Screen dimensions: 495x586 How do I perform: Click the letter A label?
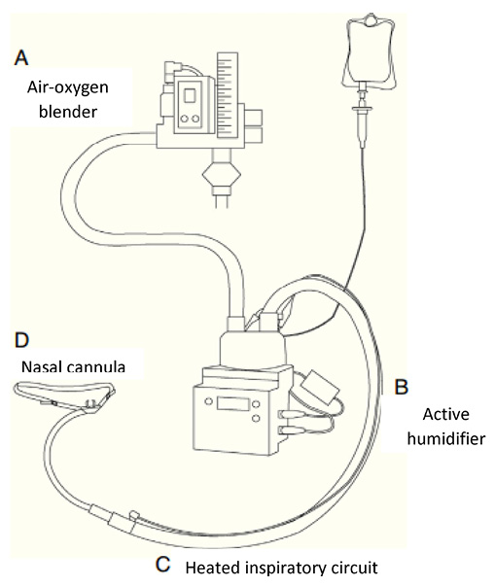click(21, 58)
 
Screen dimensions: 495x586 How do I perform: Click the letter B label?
click(402, 387)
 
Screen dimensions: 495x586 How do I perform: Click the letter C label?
click(163, 565)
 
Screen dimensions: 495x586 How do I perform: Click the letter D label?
click(21, 340)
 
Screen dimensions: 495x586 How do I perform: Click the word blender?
click(68, 112)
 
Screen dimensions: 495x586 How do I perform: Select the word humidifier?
click(446, 438)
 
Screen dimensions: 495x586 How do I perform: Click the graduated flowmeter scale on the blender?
click(228, 94)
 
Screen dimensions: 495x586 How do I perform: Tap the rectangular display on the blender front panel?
click(191, 95)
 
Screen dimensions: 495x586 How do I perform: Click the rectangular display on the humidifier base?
click(230, 404)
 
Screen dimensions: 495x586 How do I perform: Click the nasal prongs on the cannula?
click(90, 403)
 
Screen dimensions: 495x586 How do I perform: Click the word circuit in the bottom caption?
click(356, 569)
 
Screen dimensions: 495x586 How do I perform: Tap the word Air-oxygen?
click(68, 87)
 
